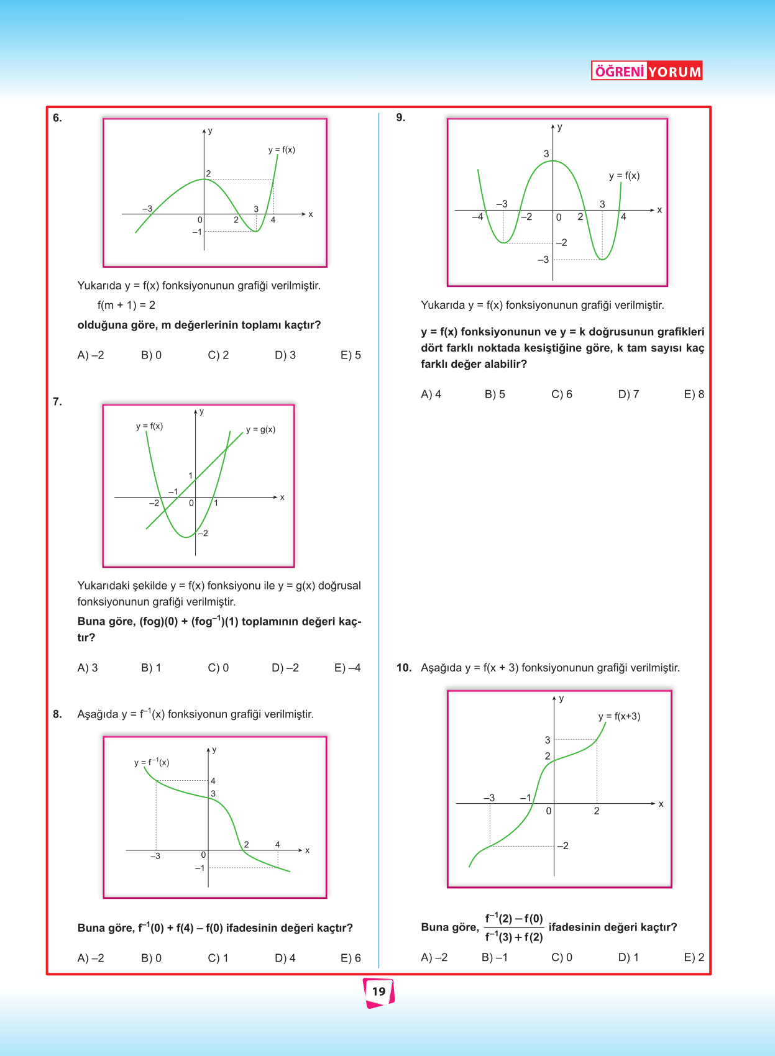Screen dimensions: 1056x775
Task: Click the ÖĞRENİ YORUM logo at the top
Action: click(646, 71)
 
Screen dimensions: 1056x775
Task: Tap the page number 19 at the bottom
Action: click(378, 991)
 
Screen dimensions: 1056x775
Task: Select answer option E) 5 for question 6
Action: click(351, 355)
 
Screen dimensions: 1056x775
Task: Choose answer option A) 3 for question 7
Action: click(88, 668)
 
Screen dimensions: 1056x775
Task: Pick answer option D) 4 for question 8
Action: click(285, 958)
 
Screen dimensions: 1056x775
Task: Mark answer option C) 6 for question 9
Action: click(562, 394)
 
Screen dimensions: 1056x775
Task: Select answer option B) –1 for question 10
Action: click(495, 957)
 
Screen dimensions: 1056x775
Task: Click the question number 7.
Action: click(57, 402)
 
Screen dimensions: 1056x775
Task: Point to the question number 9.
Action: click(401, 117)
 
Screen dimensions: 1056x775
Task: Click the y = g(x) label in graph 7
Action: click(260, 429)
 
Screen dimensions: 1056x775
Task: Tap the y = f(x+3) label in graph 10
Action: click(619, 716)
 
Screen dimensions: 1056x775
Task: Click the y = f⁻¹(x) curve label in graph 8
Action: click(152, 762)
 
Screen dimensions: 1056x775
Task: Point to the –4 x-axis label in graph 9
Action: click(477, 217)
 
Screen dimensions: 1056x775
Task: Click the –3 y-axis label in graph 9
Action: click(543, 260)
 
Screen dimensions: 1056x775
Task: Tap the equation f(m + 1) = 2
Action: click(126, 305)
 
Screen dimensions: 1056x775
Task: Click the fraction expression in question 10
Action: click(514, 927)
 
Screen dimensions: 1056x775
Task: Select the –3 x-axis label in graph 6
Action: click(147, 209)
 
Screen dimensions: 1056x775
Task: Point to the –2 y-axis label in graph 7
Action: click(203, 533)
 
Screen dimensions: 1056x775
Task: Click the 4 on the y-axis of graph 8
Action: click(213, 781)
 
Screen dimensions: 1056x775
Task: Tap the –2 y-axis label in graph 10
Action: click(562, 845)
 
